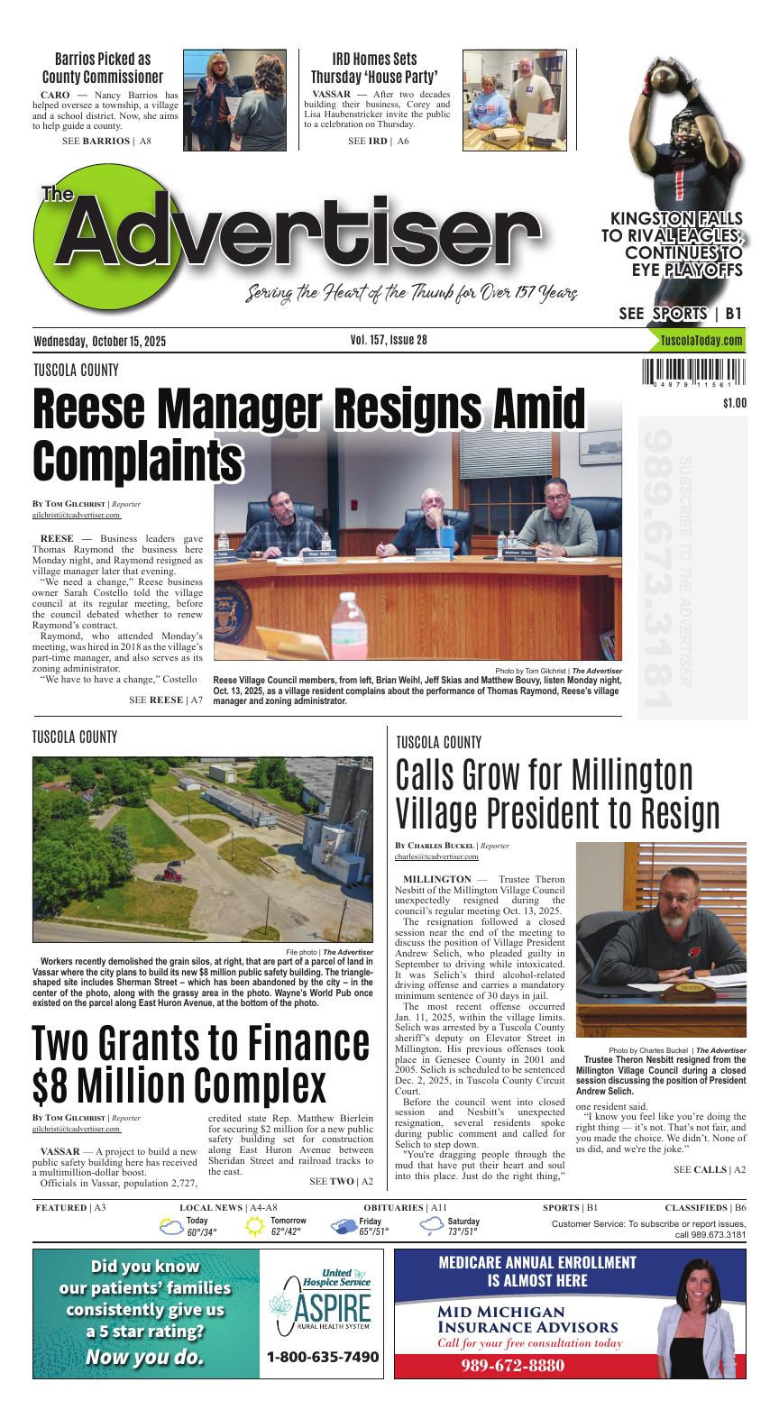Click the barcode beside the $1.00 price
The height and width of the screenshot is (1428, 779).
694,374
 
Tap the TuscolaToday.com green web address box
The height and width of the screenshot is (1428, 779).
701,341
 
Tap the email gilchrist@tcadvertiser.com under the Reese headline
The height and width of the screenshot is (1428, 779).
77,515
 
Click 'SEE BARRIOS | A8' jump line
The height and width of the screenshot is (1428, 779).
106,142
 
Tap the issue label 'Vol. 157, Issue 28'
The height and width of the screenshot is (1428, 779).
389,340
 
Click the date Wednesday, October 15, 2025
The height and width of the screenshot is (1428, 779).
100,341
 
